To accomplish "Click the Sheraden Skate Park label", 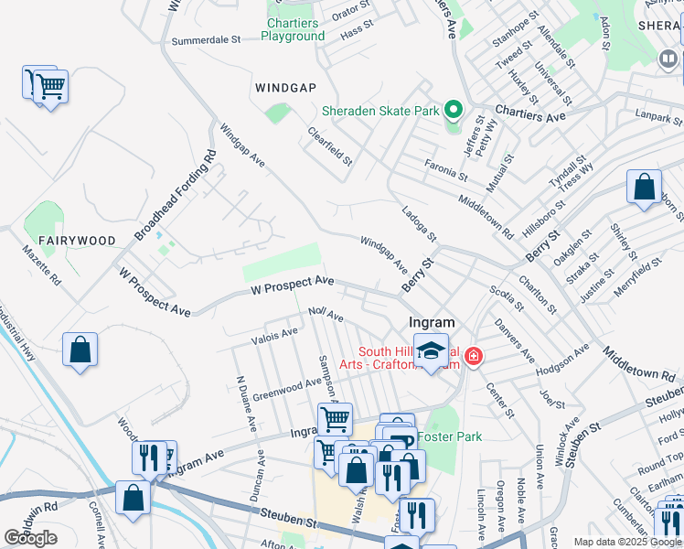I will coord(380,112).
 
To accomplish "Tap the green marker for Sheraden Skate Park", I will coord(454,112).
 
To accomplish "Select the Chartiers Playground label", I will coord(293,29).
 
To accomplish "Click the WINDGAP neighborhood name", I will coord(285,87).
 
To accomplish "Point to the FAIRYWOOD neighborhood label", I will coord(82,241).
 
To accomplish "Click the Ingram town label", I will coord(433,323).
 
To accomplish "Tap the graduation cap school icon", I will coord(432,350).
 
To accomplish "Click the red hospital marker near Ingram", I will coord(473,356).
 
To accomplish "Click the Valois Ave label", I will coord(275,337).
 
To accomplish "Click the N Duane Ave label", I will coord(245,404).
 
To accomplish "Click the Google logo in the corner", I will coord(30,538).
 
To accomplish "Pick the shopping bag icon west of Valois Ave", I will coord(80,350).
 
